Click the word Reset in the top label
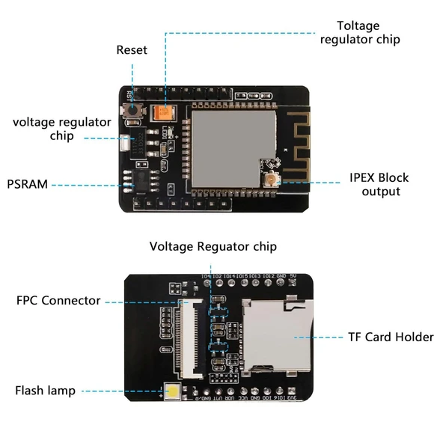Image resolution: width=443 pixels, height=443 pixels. coord(132,50)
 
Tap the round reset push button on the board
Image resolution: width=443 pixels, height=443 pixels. coord(135,111)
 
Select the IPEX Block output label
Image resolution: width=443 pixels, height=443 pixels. coord(381,185)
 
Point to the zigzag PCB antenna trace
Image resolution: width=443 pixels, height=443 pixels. coord(289,132)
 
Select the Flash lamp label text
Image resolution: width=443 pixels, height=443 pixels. coord(45,391)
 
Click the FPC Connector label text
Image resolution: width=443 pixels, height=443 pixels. coord(58,301)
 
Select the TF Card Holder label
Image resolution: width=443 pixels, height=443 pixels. coord(391,337)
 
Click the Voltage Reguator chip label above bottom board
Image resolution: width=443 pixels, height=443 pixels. coord(213,246)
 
